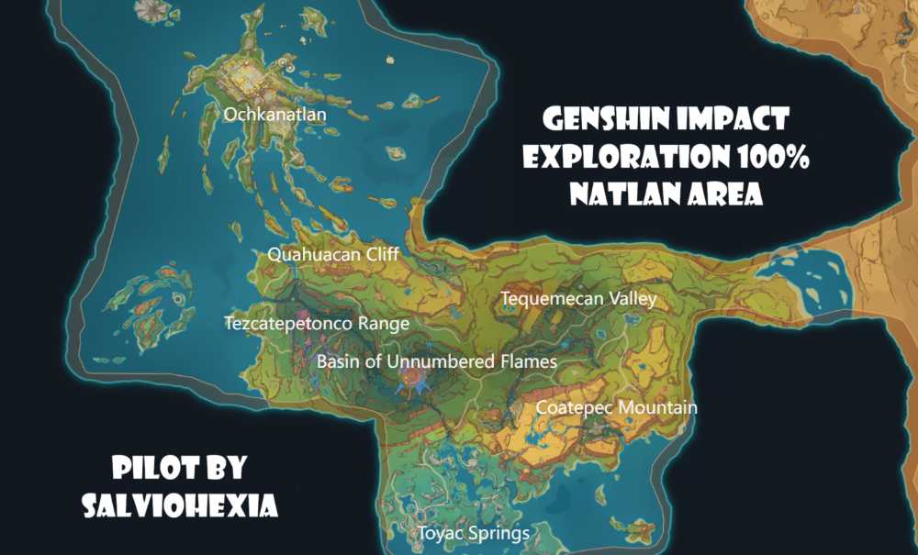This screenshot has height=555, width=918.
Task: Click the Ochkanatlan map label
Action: [275, 115]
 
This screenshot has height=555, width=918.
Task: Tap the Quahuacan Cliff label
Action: [333, 254]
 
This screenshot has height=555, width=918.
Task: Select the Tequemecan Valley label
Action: [578, 299]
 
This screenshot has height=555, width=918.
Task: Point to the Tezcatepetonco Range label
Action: [317, 323]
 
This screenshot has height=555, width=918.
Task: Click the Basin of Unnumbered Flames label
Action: [437, 361]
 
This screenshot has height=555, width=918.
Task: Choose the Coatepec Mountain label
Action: [616, 407]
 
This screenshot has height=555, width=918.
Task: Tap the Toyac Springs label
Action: [474, 533]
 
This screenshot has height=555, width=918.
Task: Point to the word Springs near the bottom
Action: [501, 533]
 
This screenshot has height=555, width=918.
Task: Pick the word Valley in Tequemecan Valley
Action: [635, 299]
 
